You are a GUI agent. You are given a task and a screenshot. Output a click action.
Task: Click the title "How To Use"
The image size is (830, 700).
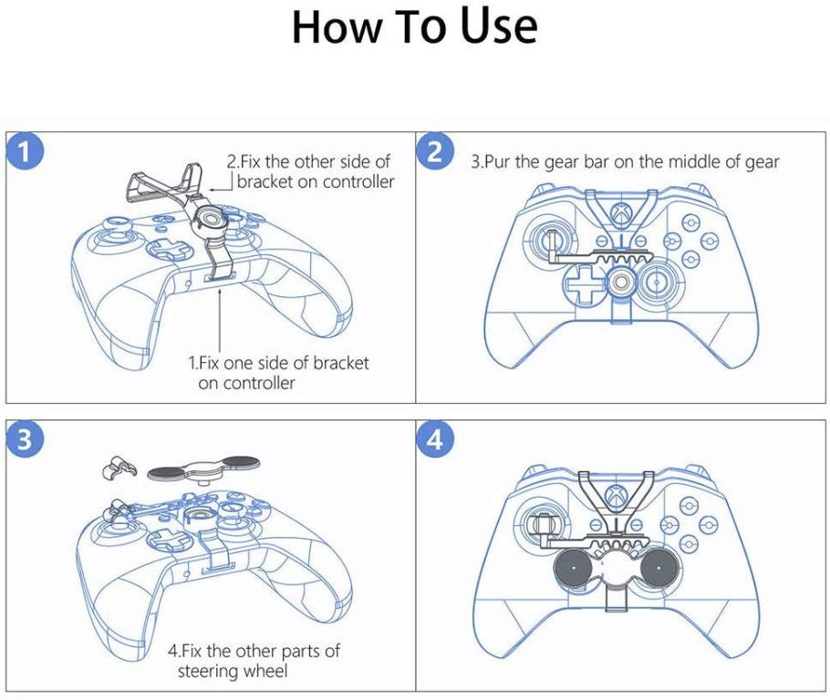click(x=414, y=28)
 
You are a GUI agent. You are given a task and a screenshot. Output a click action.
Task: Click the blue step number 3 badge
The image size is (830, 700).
click(x=29, y=439)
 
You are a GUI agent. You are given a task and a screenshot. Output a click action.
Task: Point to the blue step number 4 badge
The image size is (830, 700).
click(x=436, y=439)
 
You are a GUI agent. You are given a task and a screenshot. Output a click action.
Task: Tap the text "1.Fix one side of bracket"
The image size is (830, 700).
click(x=278, y=363)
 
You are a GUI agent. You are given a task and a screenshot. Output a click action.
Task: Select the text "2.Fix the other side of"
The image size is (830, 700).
click(x=308, y=161)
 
